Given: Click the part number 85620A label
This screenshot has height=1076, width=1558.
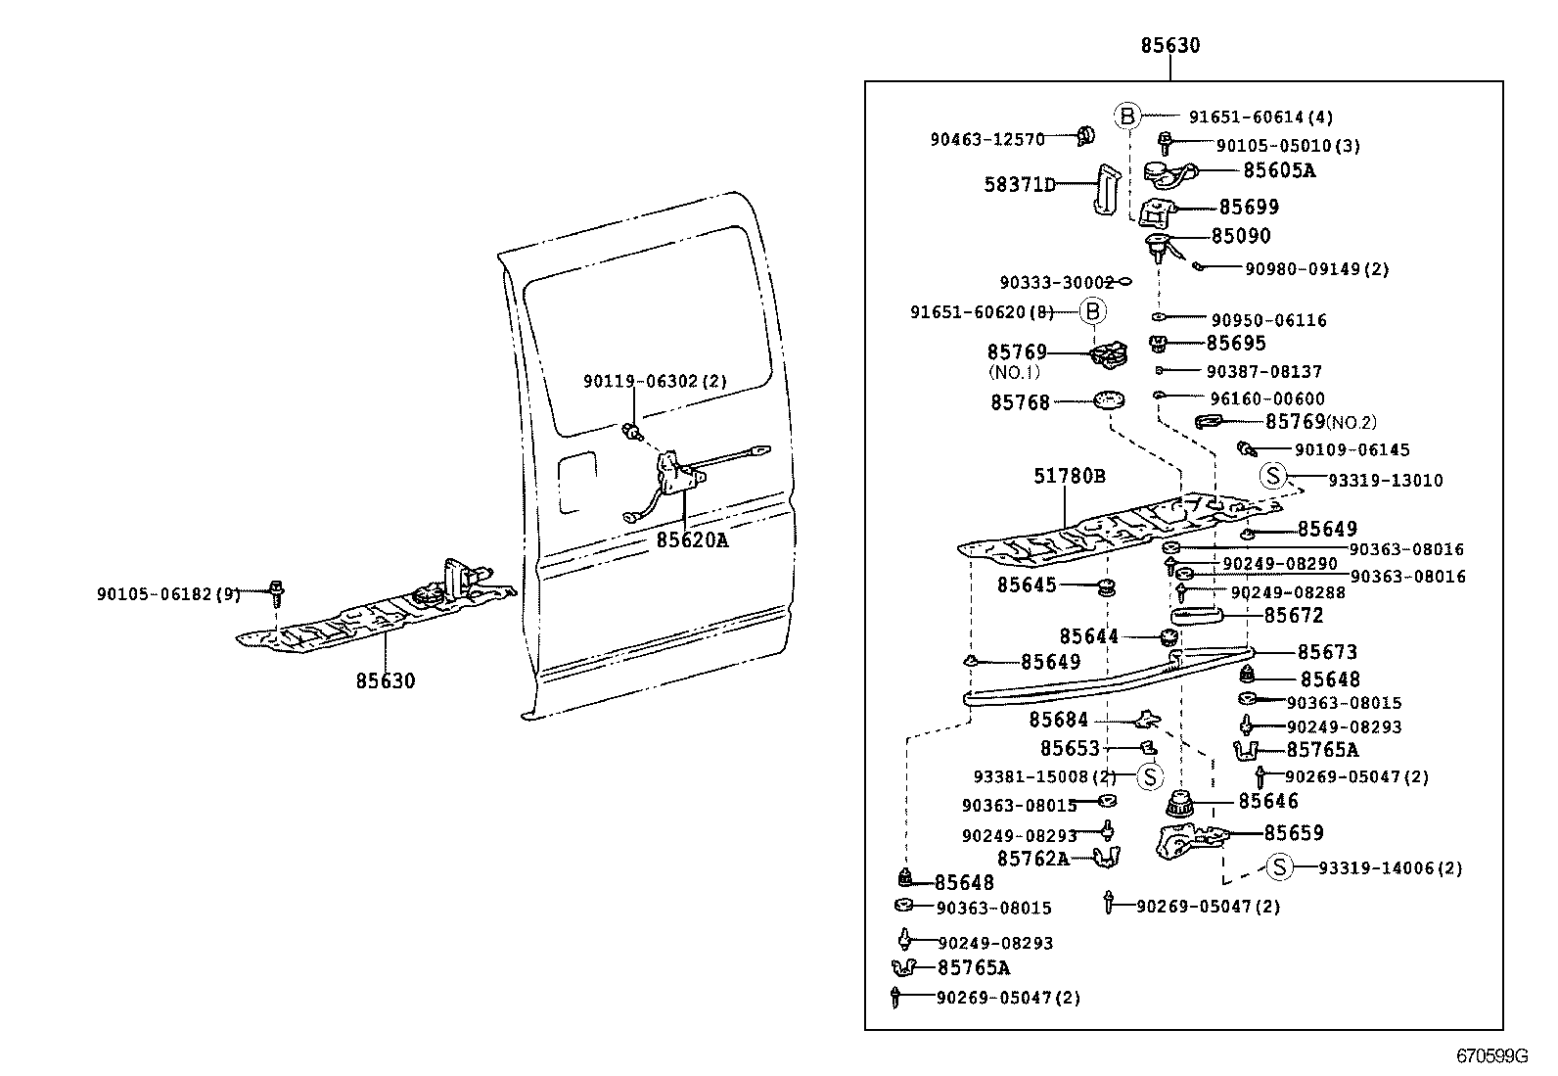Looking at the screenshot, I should [692, 539].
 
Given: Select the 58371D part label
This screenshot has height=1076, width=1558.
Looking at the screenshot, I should [1020, 184].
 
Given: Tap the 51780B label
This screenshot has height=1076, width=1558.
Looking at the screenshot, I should [1070, 477].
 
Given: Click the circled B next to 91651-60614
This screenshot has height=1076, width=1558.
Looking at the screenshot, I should [1126, 117].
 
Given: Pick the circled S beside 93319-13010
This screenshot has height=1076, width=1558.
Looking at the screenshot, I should [1272, 477].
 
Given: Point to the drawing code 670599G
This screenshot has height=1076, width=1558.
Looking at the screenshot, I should [1491, 1056].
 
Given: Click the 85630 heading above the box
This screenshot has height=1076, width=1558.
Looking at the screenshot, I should [1169, 45].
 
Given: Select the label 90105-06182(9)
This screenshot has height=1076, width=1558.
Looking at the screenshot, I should [168, 593].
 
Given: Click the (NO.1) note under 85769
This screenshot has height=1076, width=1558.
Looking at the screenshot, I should [1013, 373].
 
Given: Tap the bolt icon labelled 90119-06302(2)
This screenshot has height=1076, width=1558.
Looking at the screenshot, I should [632, 429].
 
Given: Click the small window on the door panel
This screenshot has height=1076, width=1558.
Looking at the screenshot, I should [575, 482].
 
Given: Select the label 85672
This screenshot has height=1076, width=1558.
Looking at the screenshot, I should [1293, 616].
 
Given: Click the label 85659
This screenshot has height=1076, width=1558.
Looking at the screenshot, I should [1293, 833].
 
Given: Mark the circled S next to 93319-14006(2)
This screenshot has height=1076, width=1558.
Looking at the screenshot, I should [1279, 867].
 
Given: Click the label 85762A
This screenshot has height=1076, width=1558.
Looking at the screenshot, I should [1032, 859].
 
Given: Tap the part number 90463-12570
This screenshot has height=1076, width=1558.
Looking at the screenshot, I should [986, 140].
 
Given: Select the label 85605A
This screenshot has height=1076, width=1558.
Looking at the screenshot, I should [1279, 170].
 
